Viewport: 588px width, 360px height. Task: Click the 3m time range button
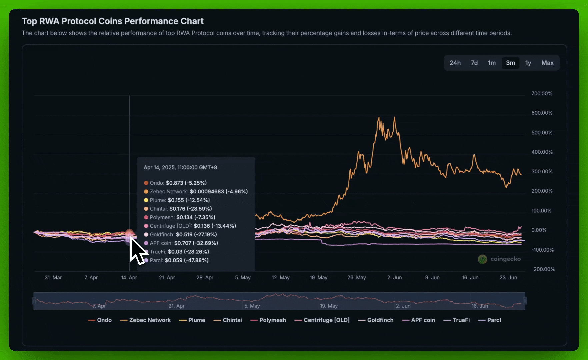pyautogui.click(x=510, y=63)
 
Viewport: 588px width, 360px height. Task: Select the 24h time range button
pyautogui.click(x=455, y=63)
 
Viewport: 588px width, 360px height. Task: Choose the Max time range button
pyautogui.click(x=547, y=63)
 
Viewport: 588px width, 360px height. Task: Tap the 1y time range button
pyautogui.click(x=528, y=63)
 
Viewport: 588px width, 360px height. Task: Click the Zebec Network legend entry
pyautogui.click(x=150, y=320)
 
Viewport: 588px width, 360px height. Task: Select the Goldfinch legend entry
pyautogui.click(x=380, y=320)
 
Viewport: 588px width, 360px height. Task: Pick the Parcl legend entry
pyautogui.click(x=494, y=320)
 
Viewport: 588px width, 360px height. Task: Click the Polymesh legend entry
pyautogui.click(x=272, y=320)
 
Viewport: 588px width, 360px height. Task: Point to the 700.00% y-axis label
pyautogui.click(x=542, y=94)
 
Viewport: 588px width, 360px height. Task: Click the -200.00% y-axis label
pyautogui.click(x=543, y=269)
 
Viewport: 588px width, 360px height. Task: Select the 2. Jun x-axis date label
pyautogui.click(x=394, y=278)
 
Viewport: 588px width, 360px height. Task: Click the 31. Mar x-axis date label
pyautogui.click(x=53, y=278)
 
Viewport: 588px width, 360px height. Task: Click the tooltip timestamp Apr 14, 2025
pyautogui.click(x=180, y=167)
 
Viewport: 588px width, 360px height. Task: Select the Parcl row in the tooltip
pyautogui.click(x=179, y=260)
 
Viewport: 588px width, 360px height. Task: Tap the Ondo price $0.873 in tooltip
pyautogui.click(x=174, y=183)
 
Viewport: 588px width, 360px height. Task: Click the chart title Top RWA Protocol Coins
pyautogui.click(x=112, y=21)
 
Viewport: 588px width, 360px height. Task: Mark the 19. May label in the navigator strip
pyautogui.click(x=329, y=306)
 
